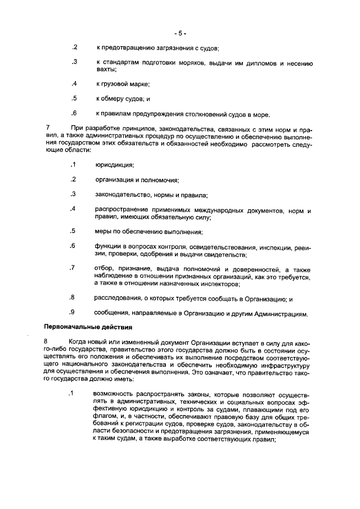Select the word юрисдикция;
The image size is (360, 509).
[114, 165]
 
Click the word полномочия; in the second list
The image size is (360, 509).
[161, 180]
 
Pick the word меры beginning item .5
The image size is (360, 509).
[103, 232]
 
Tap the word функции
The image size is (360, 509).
[109, 246]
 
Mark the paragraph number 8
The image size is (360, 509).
[47, 341]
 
